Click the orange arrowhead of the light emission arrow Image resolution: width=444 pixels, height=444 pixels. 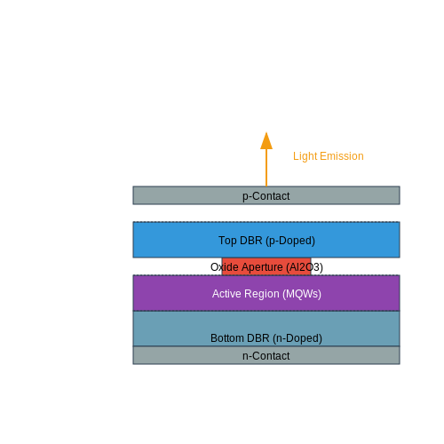click(x=266, y=141)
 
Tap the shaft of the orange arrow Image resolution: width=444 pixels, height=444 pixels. click(x=266, y=168)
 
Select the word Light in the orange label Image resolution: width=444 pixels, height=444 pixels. click(x=305, y=156)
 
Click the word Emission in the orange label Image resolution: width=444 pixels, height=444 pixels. click(x=342, y=156)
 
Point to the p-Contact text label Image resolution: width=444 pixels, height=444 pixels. click(x=266, y=196)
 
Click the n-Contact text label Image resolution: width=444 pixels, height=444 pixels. click(x=266, y=356)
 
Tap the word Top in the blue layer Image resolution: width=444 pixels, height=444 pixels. click(x=227, y=241)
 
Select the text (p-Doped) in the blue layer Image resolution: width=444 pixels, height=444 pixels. click(x=290, y=241)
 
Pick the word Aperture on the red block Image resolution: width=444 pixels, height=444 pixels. click(x=262, y=267)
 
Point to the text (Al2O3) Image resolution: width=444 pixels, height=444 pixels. click(x=305, y=267)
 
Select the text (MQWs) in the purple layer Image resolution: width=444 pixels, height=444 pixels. click(x=302, y=294)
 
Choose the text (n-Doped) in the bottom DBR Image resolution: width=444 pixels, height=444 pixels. click(x=297, y=338)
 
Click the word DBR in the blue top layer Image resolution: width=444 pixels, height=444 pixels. click(x=251, y=241)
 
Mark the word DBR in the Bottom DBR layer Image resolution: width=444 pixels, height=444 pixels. click(x=258, y=338)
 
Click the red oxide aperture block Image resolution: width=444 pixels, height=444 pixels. click(x=266, y=266)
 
